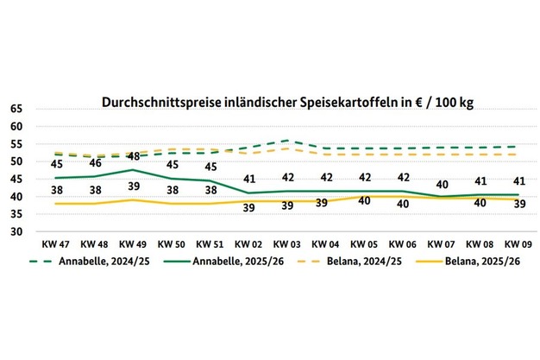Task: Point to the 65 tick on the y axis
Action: click(17, 110)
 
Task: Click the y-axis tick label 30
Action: click(17, 232)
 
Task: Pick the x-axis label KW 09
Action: click(518, 244)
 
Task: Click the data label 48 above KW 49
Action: click(135, 156)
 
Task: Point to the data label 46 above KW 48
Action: click(96, 163)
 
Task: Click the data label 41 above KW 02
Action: click(249, 180)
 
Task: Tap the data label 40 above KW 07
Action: click(441, 185)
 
